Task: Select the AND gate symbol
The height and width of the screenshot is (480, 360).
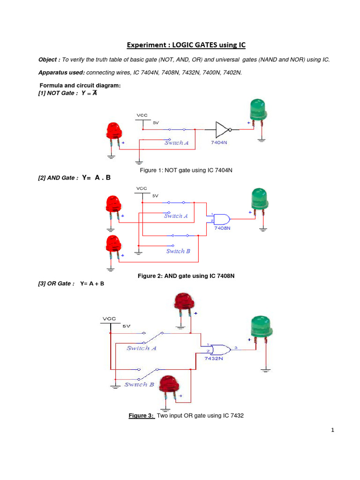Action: tap(222, 218)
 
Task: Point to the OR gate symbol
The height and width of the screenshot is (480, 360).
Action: tap(220, 349)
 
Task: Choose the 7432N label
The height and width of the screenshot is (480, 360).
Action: tap(214, 359)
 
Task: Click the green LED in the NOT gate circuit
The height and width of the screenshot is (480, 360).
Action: tap(257, 111)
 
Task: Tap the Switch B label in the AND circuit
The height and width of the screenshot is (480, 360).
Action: tap(178, 251)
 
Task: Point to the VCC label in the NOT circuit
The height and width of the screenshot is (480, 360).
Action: tap(142, 115)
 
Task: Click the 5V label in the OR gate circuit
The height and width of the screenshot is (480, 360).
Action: tap(127, 325)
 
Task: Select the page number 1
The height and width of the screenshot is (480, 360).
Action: tap(331, 432)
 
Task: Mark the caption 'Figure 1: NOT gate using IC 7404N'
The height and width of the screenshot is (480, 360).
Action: tap(186, 170)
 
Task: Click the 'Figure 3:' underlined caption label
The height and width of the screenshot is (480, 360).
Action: tap(142, 416)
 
